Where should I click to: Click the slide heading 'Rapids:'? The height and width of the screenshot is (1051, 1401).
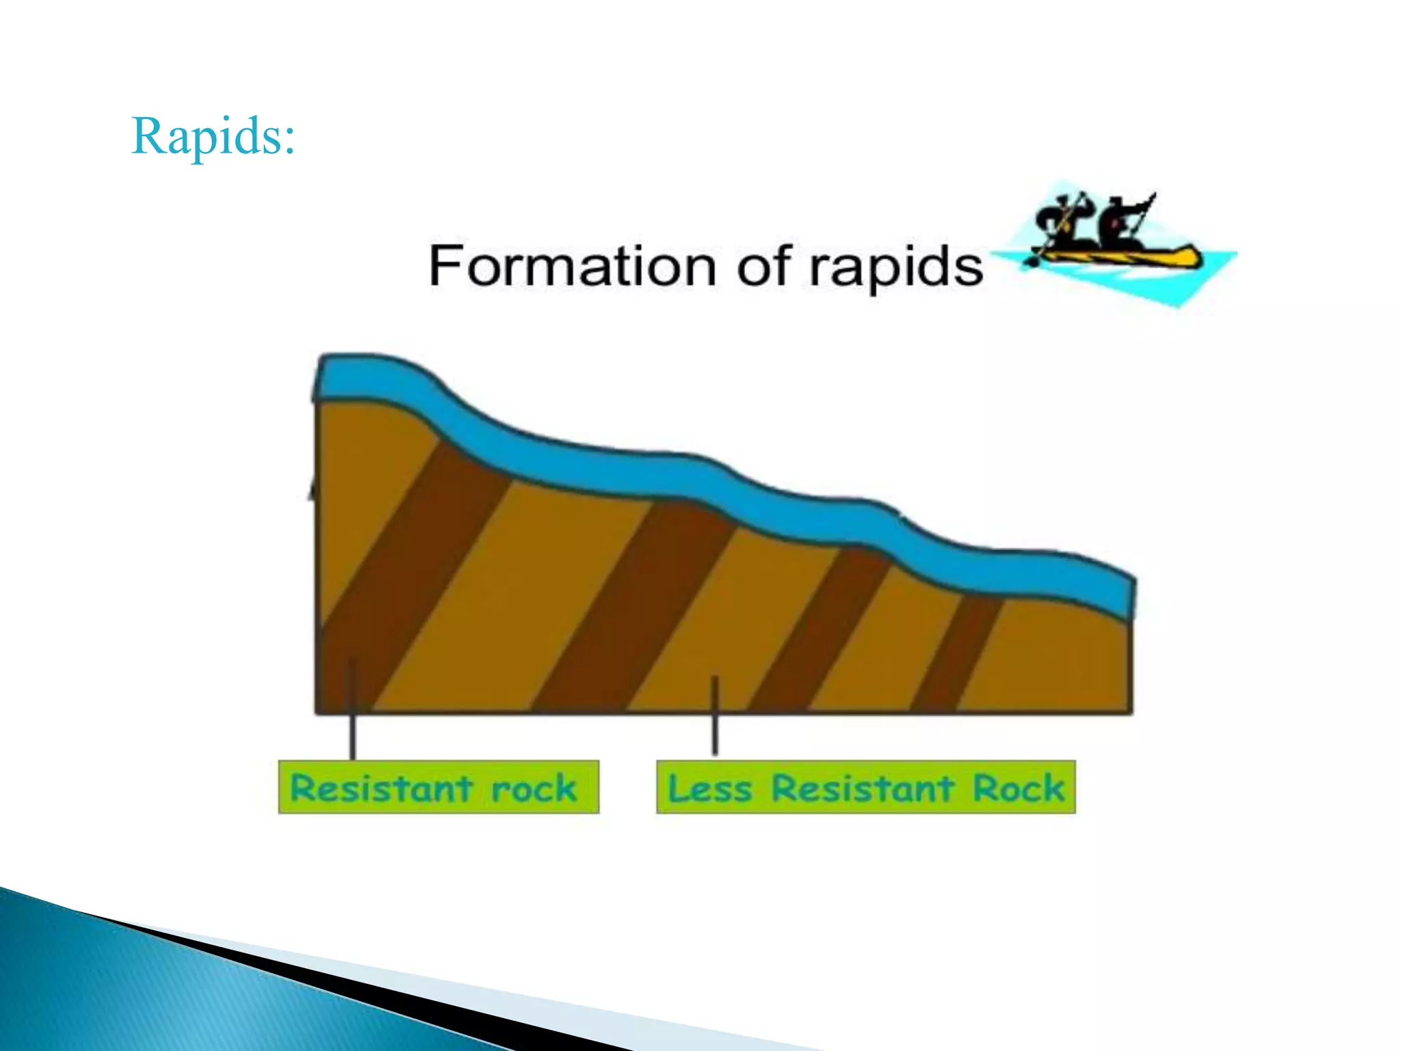pyautogui.click(x=213, y=136)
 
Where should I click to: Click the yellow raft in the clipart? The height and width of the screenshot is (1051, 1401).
pyautogui.click(x=1122, y=257)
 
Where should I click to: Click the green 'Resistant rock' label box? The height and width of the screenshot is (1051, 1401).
pyautogui.click(x=438, y=787)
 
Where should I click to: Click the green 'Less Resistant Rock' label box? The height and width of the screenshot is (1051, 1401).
pyautogui.click(x=865, y=787)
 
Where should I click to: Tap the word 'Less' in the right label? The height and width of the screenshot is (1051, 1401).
pyautogui.click(x=709, y=788)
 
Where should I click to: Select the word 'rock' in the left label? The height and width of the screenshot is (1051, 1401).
pyautogui.click(x=534, y=788)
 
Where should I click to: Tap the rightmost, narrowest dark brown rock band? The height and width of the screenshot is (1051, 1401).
pyautogui.click(x=958, y=653)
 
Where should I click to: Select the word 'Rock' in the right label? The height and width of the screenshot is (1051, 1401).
pyautogui.click(x=1019, y=788)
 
